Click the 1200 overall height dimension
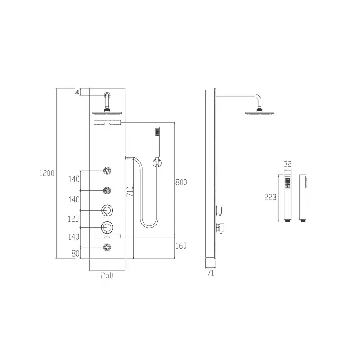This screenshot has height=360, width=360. (x=47, y=173)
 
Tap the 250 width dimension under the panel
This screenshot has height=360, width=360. (x=107, y=275)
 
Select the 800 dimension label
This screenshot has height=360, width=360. (x=181, y=182)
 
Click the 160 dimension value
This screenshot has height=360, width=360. (x=181, y=246)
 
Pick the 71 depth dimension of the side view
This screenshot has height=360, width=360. (x=211, y=273)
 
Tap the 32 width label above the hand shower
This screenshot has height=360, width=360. (x=288, y=164)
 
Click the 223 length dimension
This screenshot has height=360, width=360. (x=270, y=197)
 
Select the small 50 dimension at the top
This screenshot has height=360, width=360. (x=77, y=92)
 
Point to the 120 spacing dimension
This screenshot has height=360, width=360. (x=73, y=219)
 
